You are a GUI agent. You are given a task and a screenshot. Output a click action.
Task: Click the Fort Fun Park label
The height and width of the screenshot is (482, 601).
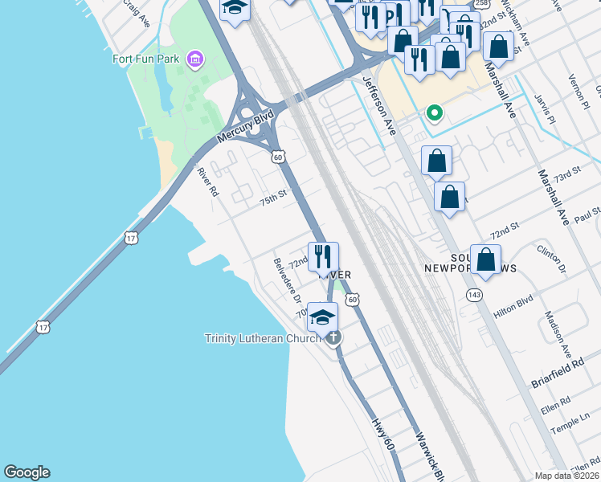(147, 59)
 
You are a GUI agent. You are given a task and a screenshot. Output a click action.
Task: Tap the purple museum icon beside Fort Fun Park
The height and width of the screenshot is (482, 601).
(194, 59)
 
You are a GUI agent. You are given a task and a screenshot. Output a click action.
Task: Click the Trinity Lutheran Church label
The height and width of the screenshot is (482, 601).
(262, 338)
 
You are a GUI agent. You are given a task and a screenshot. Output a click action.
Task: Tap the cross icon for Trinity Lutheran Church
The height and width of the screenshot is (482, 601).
(333, 337)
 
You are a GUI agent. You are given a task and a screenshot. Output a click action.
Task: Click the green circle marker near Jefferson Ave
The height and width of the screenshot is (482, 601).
(435, 113)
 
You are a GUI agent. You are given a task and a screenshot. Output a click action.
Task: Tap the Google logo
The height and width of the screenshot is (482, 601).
(27, 472)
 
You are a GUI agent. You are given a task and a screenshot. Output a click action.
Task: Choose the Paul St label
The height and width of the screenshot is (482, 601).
(588, 215)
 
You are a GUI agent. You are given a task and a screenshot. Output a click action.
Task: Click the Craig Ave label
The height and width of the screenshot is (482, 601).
(137, 13)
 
